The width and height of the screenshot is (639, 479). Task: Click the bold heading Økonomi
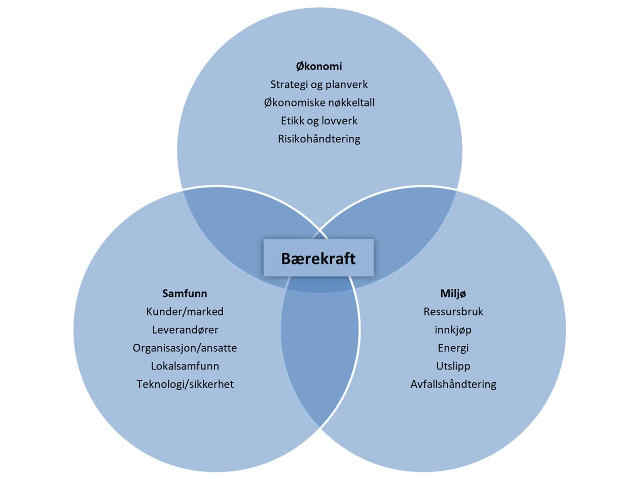(x=319, y=66)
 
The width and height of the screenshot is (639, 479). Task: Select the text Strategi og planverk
(x=319, y=85)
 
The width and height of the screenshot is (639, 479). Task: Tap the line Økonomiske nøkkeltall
(x=319, y=103)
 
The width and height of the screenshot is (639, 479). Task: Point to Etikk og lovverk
(x=319, y=121)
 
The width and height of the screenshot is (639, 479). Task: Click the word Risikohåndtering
(x=319, y=139)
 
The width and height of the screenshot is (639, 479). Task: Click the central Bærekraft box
(x=318, y=258)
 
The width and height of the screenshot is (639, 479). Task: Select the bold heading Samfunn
(x=185, y=293)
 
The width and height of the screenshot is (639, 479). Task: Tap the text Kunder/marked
(x=185, y=312)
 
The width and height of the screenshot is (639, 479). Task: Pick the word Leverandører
(x=185, y=330)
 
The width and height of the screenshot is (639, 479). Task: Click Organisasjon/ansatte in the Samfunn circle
(x=185, y=348)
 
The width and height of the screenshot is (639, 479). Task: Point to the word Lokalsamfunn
(x=185, y=366)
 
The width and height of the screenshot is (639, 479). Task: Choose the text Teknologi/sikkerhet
(x=185, y=384)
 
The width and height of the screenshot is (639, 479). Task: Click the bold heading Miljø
(x=453, y=293)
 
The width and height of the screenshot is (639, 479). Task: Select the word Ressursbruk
(x=453, y=312)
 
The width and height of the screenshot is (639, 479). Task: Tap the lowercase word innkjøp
(x=453, y=330)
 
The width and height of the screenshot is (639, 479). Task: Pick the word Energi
(x=453, y=348)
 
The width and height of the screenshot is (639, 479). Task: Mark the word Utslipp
(x=453, y=366)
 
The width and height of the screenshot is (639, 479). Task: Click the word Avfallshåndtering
(x=453, y=384)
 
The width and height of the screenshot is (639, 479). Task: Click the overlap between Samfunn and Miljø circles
(x=319, y=355)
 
